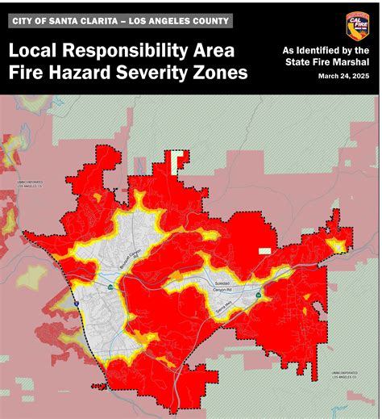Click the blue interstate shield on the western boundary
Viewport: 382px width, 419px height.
(75, 300)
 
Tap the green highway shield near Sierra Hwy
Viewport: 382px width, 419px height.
(257, 295)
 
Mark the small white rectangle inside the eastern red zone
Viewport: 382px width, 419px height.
(264, 251)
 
